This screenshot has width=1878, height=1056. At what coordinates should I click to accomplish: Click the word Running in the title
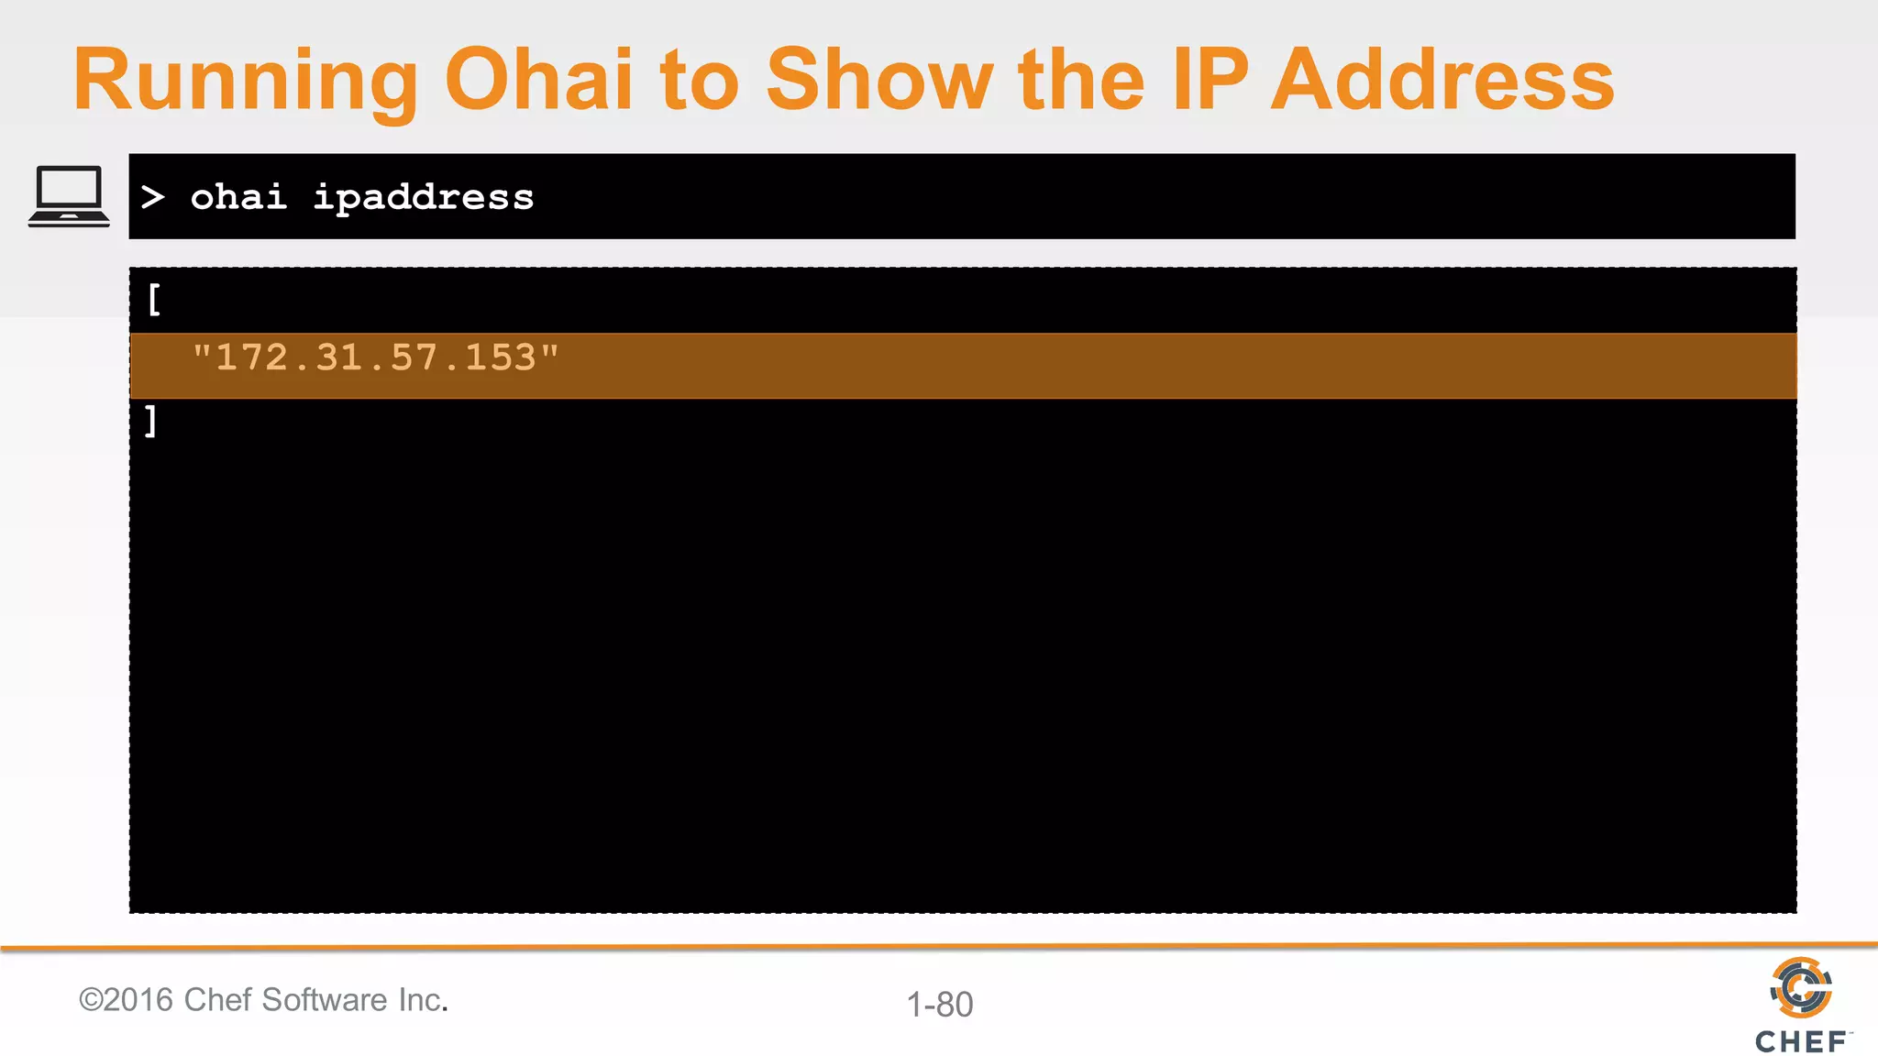pos(245,81)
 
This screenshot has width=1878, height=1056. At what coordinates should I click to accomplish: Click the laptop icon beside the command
pos(69,196)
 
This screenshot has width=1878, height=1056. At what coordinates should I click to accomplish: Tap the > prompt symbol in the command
pos(153,197)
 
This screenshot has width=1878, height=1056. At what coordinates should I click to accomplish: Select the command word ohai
pos(238,197)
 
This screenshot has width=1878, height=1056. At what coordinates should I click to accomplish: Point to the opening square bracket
pos(154,300)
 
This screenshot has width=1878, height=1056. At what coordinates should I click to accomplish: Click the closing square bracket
pos(151,422)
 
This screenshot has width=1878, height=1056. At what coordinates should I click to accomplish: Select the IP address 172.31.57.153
pos(375,357)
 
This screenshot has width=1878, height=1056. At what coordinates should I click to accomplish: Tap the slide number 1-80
pos(940,1005)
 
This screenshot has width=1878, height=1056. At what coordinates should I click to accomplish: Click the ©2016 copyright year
pos(127,1000)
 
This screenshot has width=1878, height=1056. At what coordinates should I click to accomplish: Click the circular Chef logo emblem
pos(1801,988)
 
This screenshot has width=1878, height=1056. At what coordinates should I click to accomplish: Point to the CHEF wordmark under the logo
pos(1801,1042)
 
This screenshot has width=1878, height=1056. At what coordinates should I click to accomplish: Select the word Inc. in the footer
pos(423,1000)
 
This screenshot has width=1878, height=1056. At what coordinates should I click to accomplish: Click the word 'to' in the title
pos(699,81)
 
